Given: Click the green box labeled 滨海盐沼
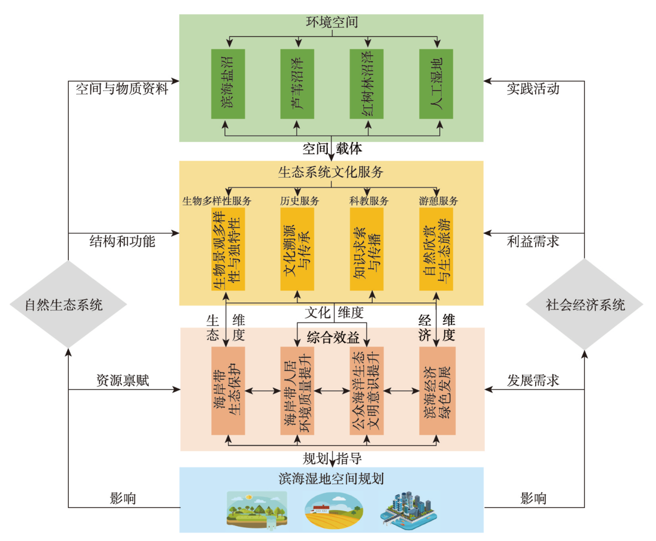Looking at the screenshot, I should (x=228, y=84).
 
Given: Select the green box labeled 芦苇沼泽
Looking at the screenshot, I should (x=297, y=84).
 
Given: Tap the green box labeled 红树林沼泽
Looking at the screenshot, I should (x=367, y=84).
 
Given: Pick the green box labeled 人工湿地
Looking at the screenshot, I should (x=436, y=84).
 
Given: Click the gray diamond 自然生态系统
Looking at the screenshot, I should (x=68, y=304).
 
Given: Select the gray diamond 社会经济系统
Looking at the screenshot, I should (x=585, y=304).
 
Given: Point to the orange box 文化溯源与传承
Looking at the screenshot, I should (x=297, y=249).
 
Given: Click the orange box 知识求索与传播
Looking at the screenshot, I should (x=367, y=249).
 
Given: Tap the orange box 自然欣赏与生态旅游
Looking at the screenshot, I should (x=436, y=249).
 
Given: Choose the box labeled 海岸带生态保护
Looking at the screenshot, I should (x=228, y=391).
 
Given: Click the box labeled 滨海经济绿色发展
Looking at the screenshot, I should (x=437, y=391).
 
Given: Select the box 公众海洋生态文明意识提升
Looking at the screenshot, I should (x=367, y=391).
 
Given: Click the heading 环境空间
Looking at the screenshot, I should (x=332, y=23).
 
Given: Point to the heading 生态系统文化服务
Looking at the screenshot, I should (x=331, y=172).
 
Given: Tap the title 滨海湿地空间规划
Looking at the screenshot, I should (x=332, y=479).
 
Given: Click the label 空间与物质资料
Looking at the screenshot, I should (x=122, y=89).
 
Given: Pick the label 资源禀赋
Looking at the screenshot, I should (x=122, y=381).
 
